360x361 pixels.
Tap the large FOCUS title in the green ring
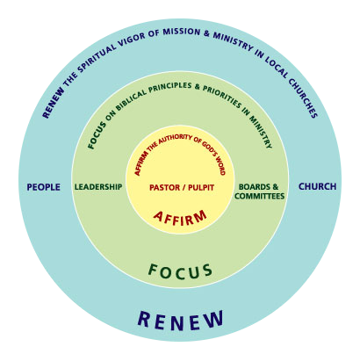[180, 271]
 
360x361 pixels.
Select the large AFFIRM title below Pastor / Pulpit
[180, 218]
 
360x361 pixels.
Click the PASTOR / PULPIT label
[182, 187]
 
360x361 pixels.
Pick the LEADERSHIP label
[98, 187]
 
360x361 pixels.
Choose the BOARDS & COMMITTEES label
[259, 191]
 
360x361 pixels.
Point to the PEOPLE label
[44, 187]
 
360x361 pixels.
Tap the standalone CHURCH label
[317, 186]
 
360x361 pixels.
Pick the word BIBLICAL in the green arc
[131, 99]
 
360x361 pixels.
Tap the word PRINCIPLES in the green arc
[170, 87]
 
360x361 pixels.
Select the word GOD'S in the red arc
[208, 149]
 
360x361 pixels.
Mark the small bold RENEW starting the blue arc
[54, 103]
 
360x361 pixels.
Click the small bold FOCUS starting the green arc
[97, 135]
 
